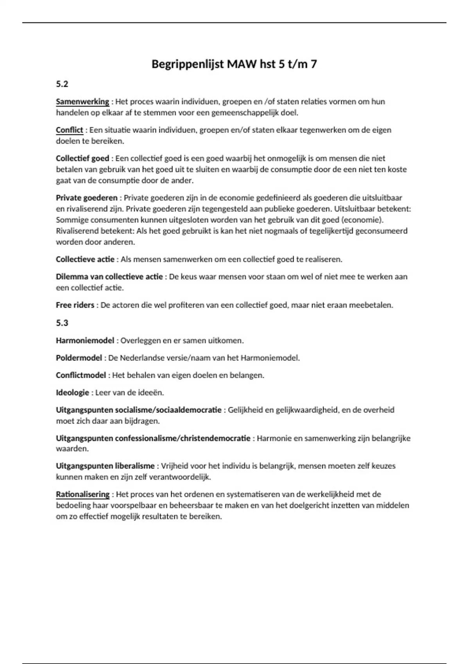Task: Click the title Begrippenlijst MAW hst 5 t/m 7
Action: tap(234, 64)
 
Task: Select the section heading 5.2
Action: tap(62, 84)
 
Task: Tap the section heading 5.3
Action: tap(62, 323)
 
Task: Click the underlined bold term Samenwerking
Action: tap(82, 102)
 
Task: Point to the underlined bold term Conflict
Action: tap(70, 130)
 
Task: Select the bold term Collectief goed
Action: tap(82, 158)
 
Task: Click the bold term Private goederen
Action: tap(86, 198)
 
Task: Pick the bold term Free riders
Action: tap(75, 305)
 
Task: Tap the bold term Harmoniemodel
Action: tap(85, 340)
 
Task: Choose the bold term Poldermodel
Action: tap(79, 358)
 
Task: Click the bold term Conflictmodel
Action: tap(81, 375)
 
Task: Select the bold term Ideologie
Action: tap(72, 393)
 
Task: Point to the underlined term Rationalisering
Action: tap(82, 494)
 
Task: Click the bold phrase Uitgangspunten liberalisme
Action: tap(105, 466)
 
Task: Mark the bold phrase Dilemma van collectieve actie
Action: tap(109, 277)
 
